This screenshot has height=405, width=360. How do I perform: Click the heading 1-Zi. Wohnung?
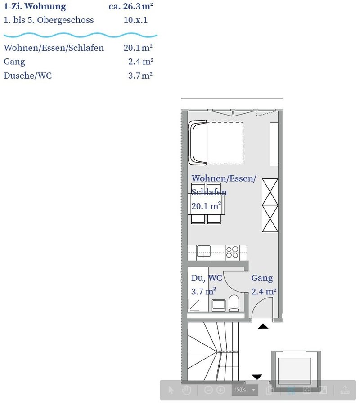[x=35, y=7]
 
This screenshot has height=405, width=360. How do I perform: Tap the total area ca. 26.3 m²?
[x=130, y=7]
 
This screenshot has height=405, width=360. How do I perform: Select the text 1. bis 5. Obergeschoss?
[x=49, y=20]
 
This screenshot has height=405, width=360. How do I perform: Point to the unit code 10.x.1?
[x=135, y=20]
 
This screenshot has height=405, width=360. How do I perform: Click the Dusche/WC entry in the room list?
[x=27, y=76]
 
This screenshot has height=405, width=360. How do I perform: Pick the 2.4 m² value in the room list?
[x=140, y=62]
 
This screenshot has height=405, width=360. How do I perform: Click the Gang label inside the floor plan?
[x=262, y=278]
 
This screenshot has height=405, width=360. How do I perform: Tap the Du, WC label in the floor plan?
[x=206, y=278]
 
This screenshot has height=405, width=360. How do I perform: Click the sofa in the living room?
[x=198, y=142]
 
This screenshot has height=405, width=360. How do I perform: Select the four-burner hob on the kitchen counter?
[x=232, y=252]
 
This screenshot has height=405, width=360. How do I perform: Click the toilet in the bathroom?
[x=234, y=304]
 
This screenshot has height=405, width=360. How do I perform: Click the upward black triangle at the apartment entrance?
[x=263, y=326]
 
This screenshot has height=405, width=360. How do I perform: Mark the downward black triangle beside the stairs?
[x=257, y=376]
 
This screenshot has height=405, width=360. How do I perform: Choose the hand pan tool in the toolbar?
[x=186, y=390]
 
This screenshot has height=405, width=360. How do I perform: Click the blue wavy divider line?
[x=80, y=35]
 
